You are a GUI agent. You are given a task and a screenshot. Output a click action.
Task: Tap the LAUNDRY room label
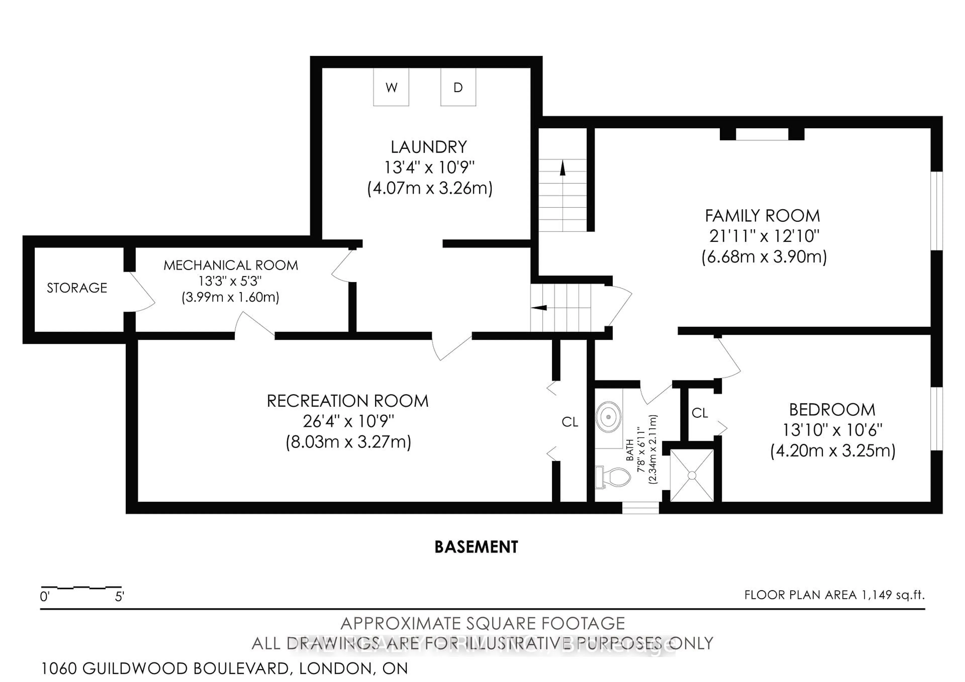tap(429, 147)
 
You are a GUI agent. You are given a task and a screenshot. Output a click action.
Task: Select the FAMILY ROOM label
tap(762, 216)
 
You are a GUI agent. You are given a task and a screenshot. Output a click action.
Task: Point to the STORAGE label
tap(77, 288)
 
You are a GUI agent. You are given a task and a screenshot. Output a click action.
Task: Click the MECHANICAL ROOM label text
tap(230, 265)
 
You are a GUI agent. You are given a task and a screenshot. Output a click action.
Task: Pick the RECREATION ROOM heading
tap(348, 401)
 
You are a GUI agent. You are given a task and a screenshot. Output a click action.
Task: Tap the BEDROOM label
tap(832, 410)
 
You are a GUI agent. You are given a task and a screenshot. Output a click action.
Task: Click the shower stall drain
tap(691, 475)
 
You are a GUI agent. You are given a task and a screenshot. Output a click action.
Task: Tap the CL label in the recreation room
tap(570, 422)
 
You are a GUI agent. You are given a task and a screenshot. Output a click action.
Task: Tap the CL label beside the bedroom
tap(700, 413)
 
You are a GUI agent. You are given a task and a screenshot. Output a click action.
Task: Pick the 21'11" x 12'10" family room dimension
tap(764, 236)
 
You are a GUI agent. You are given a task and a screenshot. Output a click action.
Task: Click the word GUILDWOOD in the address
tap(135, 668)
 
